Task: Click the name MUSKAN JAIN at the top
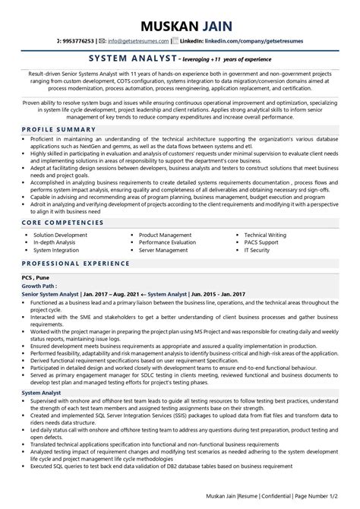pos(179,14)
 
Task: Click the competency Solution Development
pos(61,236)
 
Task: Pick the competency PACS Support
pos(262,242)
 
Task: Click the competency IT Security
pos(259,250)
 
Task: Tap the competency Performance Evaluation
pos(170,242)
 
